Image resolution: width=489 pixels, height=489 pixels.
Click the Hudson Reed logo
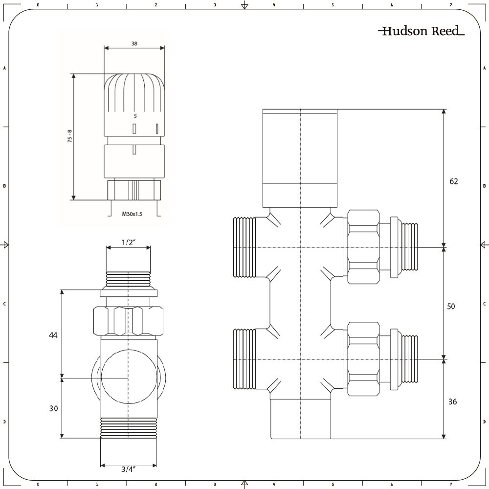pos(421,31)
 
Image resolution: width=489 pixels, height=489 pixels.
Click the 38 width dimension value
pos(134,44)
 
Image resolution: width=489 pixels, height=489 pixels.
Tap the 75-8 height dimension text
pos(70,136)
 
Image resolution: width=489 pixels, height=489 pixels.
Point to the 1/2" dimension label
pos(129,242)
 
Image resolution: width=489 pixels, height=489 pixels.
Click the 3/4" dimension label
pos(128,469)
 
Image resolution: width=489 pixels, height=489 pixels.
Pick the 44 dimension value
pos(53,335)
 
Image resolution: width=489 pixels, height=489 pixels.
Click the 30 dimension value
pos(53,408)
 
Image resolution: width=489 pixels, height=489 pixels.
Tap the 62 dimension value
pos(454,181)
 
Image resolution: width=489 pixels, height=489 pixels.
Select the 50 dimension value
pos(451,306)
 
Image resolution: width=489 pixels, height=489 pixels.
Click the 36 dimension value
pos(453,401)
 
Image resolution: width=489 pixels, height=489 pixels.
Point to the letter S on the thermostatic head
pos(135,116)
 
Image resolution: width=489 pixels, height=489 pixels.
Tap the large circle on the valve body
pos(128,378)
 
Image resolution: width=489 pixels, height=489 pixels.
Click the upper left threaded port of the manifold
pos(244,247)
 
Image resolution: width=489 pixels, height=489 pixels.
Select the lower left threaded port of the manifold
pos(244,359)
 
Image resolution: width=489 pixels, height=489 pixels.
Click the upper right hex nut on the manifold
pos(363,247)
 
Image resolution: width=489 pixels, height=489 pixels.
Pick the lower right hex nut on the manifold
pos(363,359)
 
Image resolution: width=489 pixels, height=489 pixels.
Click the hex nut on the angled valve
pos(128,320)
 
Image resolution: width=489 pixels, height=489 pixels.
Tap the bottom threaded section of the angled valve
pos(129,428)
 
